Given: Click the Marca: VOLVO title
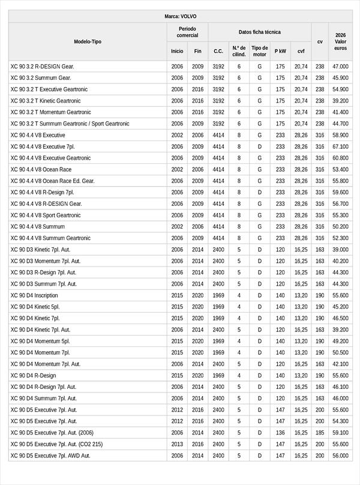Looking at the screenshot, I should click(x=180, y=16).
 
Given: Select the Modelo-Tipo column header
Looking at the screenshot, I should click(x=88, y=41).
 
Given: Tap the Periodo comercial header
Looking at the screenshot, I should click(x=187, y=32).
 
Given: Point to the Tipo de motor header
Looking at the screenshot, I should click(x=260, y=51).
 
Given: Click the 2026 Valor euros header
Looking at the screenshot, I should click(x=340, y=41).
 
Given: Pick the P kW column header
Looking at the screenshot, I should click(x=280, y=51).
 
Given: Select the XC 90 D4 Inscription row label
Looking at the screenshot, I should click(x=34, y=295).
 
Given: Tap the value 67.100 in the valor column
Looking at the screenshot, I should click(x=340, y=146).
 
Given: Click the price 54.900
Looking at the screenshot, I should click(x=340, y=89).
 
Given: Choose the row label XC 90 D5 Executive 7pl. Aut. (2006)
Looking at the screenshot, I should click(x=52, y=432).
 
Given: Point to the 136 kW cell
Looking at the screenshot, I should click(x=280, y=432).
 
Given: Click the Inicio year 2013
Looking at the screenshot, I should click(x=177, y=444).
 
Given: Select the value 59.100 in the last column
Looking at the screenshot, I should click(x=340, y=432).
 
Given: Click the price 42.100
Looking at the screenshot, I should click(x=340, y=364).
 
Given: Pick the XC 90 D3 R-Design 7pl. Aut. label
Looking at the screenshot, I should click(x=44, y=273).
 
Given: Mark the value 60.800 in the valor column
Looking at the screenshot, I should click(x=340, y=158).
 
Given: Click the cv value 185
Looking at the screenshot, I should click(x=320, y=432).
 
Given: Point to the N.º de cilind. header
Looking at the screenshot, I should click(x=239, y=51).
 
